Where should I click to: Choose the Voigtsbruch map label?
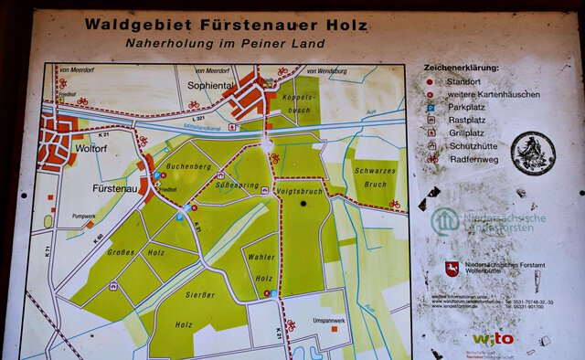[300, 192]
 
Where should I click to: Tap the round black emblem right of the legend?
[532, 153]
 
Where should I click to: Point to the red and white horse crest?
[452, 268]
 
